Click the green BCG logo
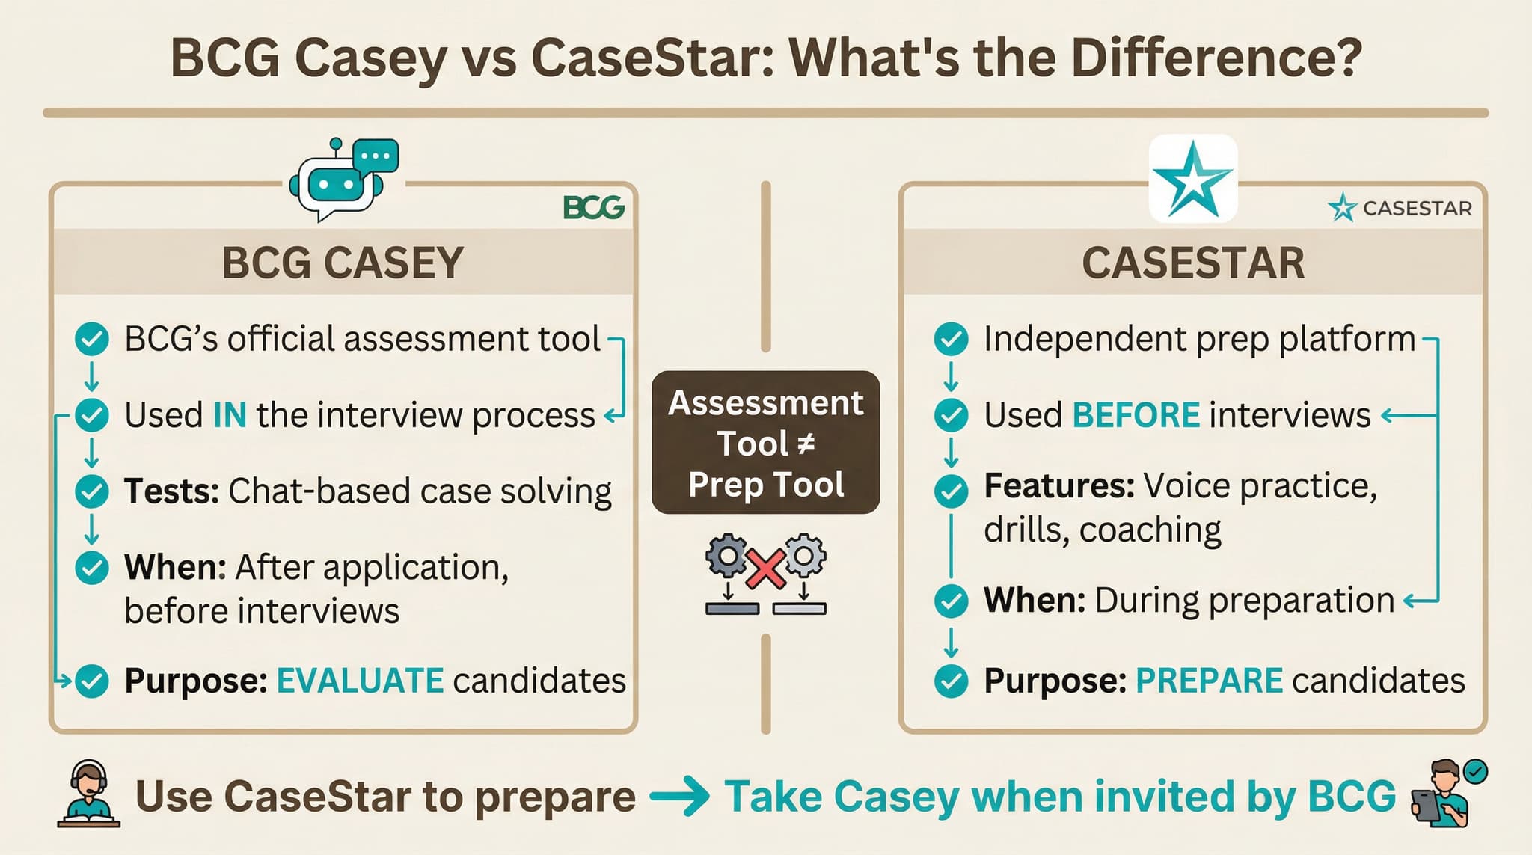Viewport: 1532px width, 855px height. click(x=593, y=208)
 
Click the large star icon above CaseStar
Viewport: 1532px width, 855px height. click(x=1192, y=179)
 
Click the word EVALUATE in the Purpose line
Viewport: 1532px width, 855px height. click(x=360, y=681)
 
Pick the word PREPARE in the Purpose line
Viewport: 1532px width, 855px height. click(x=1209, y=681)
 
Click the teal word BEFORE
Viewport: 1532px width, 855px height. click(x=1136, y=415)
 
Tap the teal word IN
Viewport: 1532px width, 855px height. click(x=230, y=415)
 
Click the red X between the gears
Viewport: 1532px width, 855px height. click(x=765, y=569)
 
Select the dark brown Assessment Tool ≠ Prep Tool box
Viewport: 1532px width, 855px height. click(x=765, y=442)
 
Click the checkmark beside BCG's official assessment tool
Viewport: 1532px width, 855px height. click(x=92, y=339)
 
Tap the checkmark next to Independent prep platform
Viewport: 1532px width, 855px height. click(x=951, y=339)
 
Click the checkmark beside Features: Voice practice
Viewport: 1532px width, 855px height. click(x=951, y=491)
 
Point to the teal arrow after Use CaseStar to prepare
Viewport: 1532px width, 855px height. click(x=679, y=797)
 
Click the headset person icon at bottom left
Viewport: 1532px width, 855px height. click(x=88, y=794)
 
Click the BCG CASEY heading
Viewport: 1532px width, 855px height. click(x=343, y=263)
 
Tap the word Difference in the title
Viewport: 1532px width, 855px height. click(x=1216, y=58)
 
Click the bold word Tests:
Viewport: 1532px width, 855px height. click(x=171, y=491)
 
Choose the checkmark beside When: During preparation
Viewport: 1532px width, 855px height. click(x=951, y=601)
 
